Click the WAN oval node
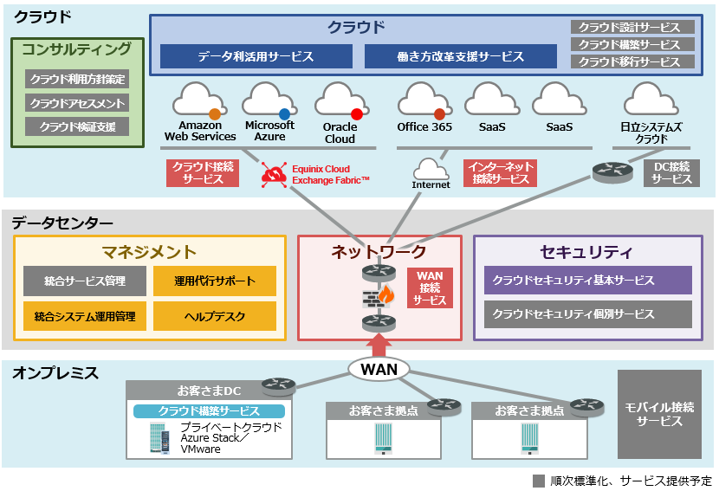379,370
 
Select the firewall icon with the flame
378,297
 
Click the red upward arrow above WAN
379,343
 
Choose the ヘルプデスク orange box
215,316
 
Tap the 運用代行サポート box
215,281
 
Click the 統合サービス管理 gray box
85,281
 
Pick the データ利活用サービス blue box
255,57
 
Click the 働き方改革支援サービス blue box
460,57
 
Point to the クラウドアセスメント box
77,103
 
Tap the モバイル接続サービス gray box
659,414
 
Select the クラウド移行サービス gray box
632,62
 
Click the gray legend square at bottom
539,481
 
